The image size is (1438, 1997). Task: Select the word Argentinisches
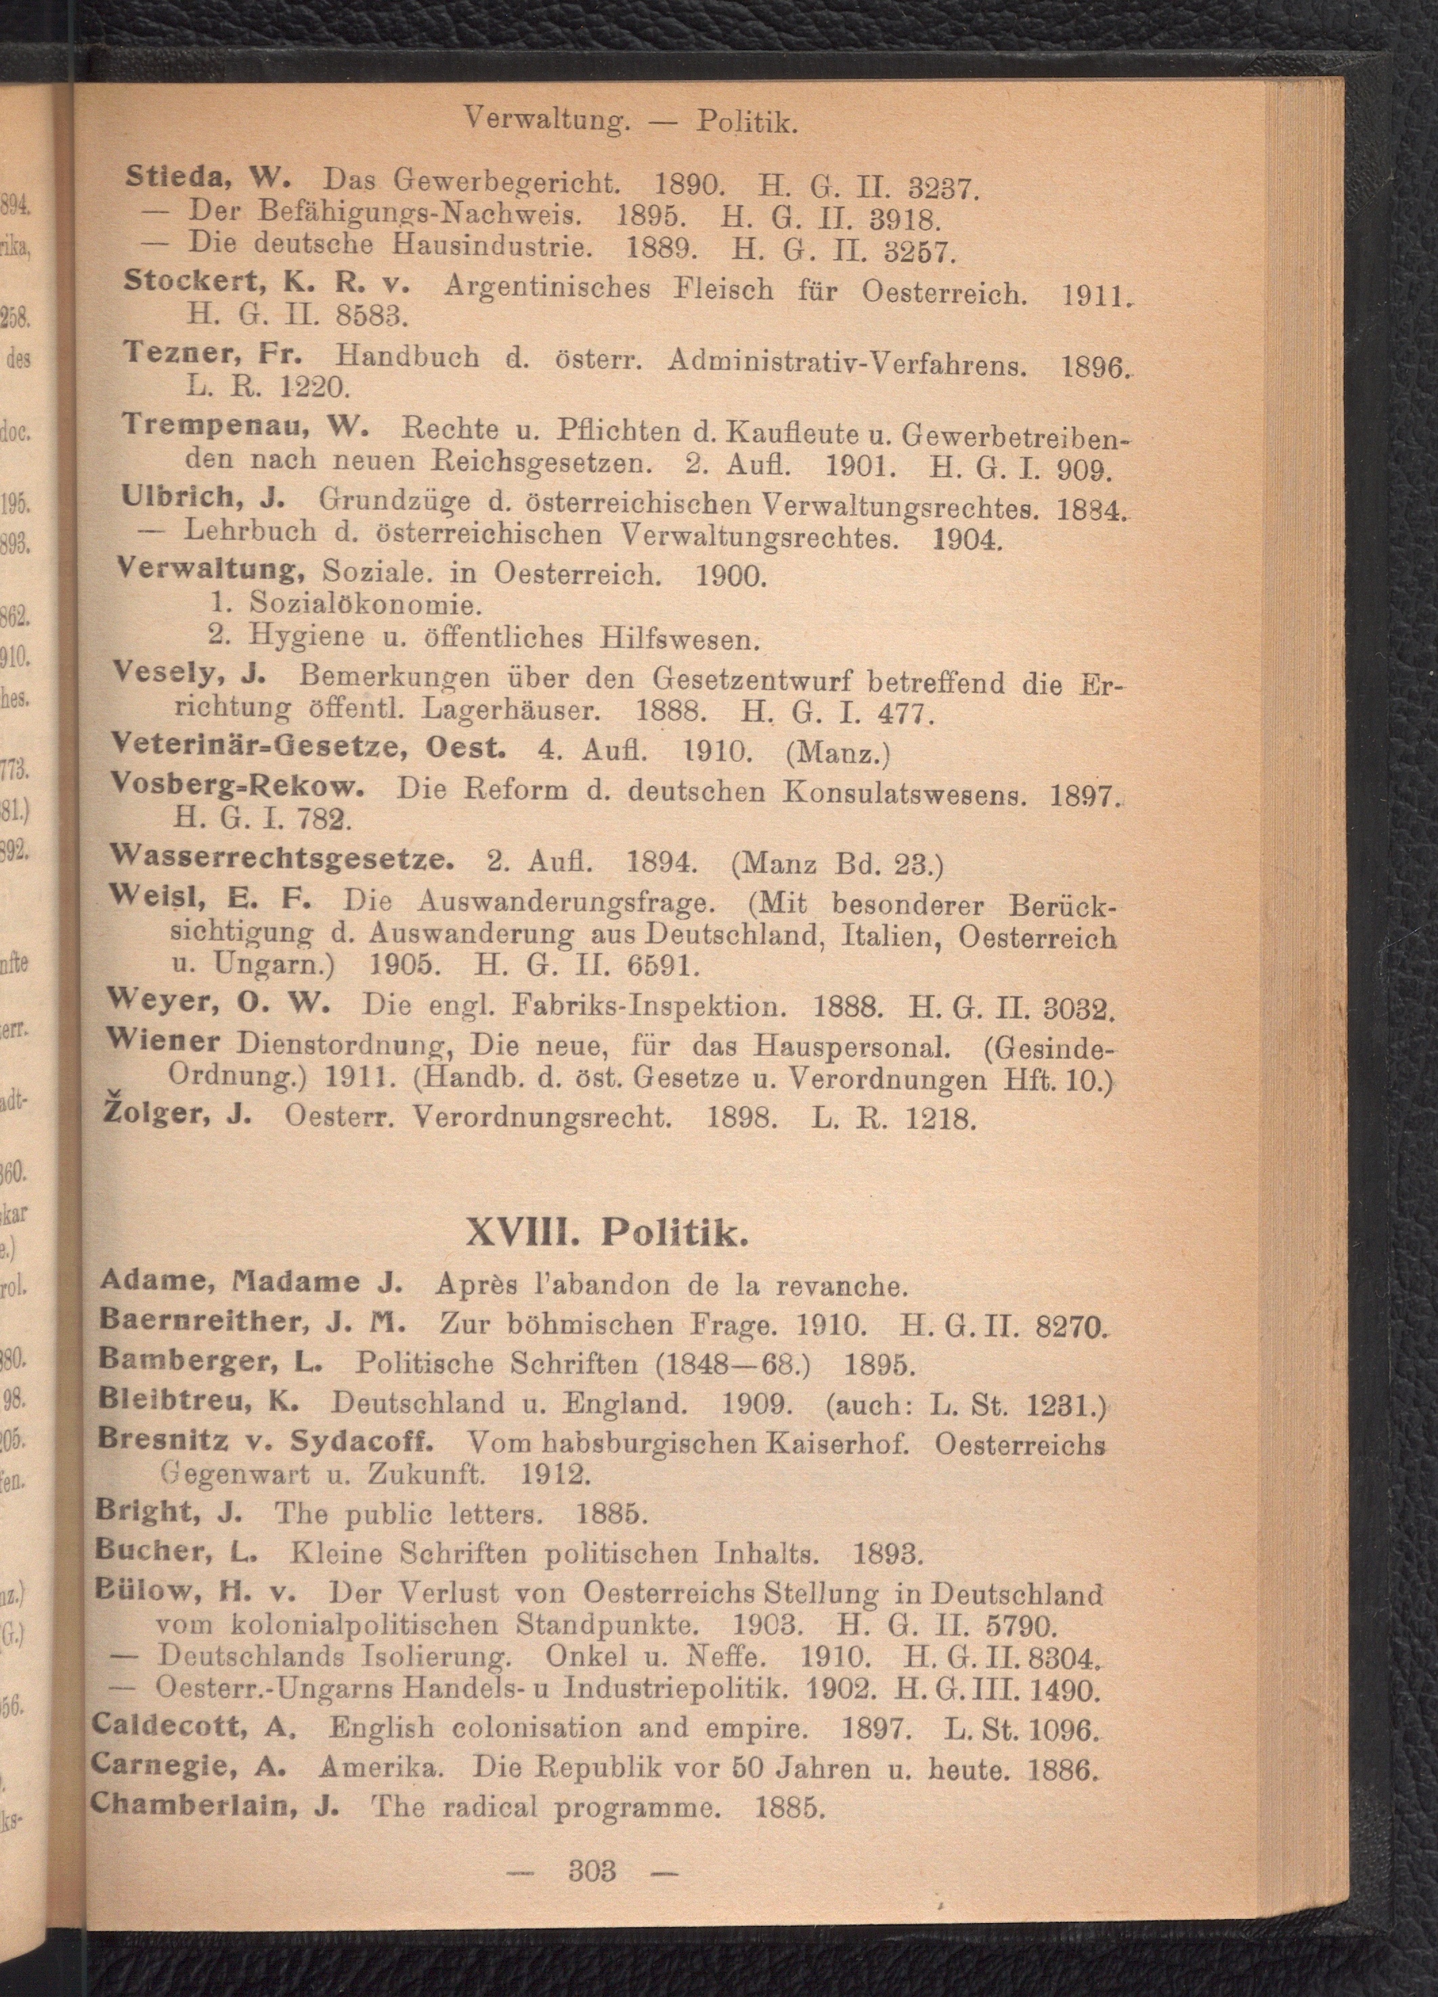[546, 288]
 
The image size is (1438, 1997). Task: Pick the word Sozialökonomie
[365, 605]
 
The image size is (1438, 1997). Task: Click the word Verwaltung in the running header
[546, 118]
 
